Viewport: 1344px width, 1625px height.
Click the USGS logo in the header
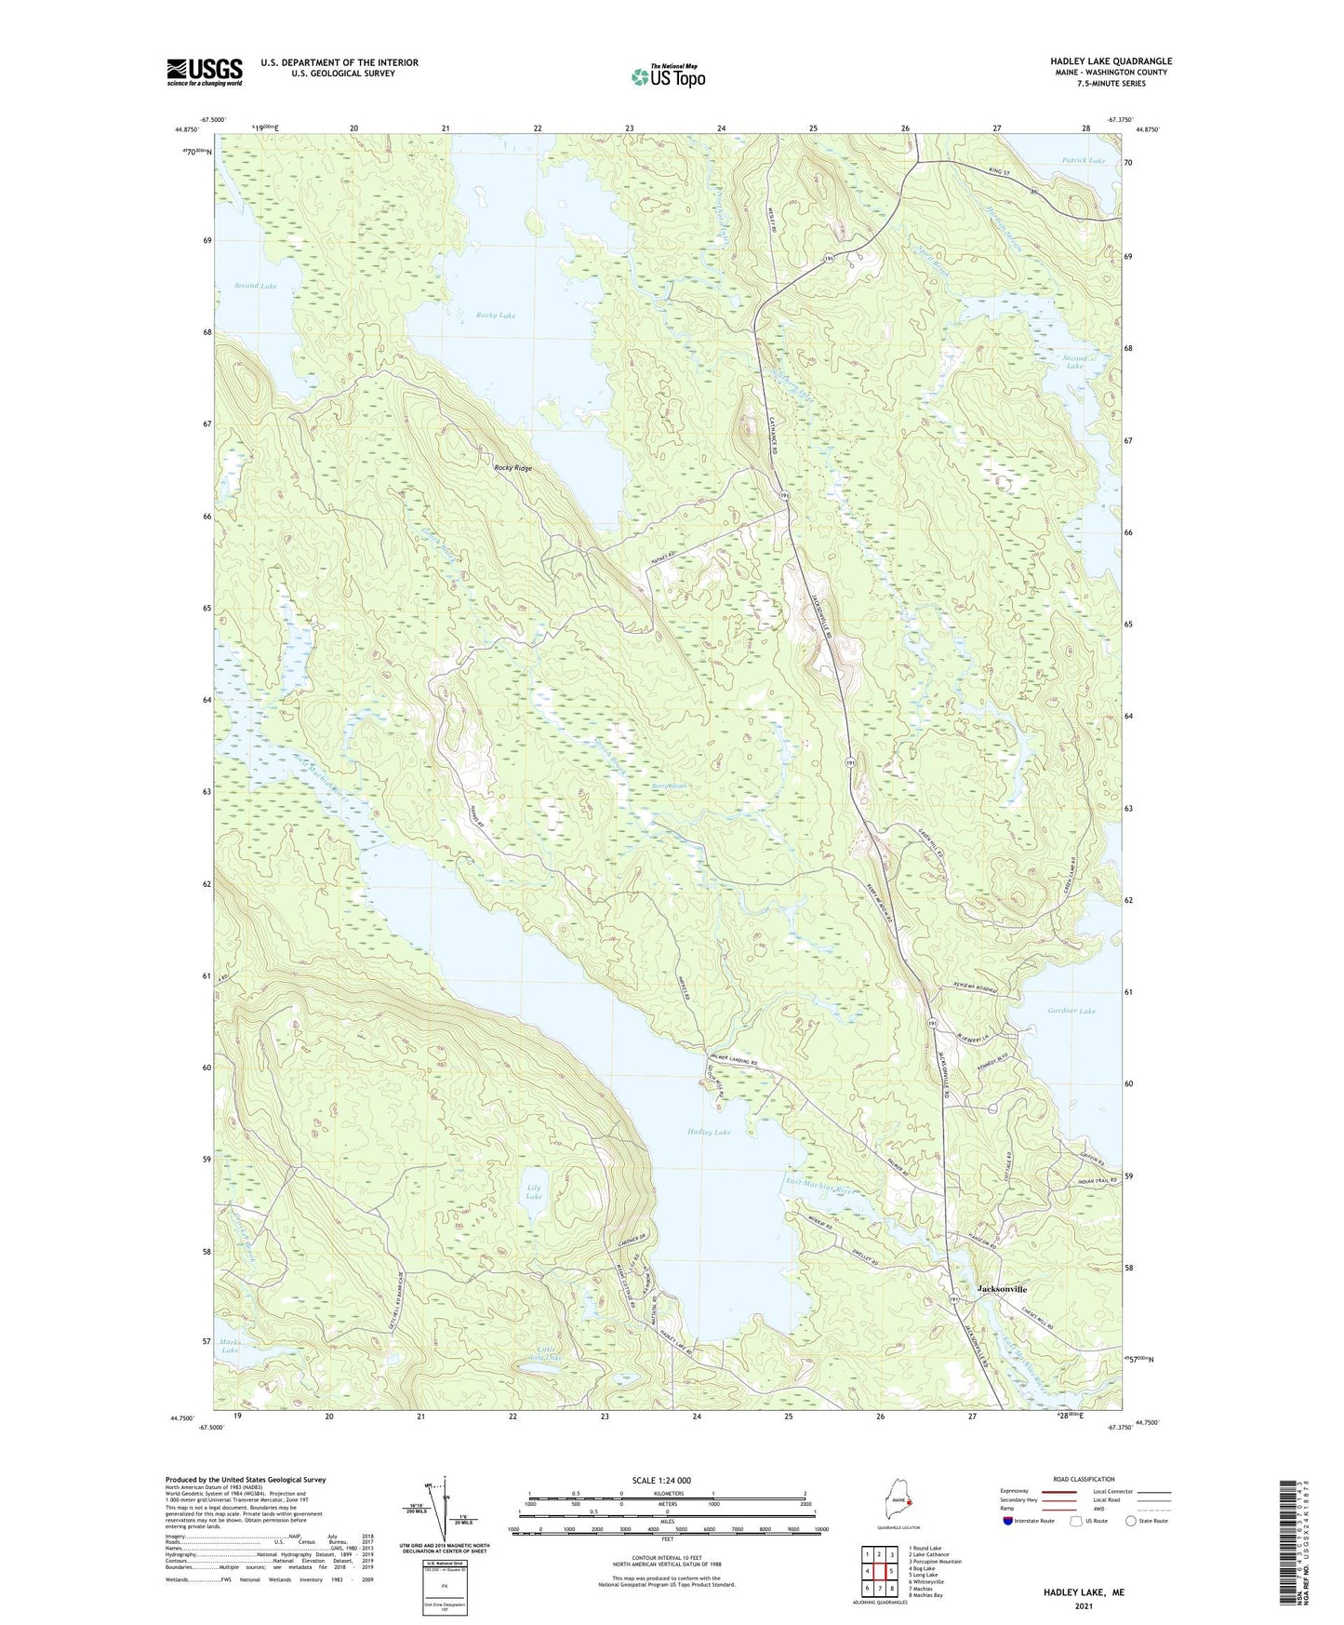coord(204,72)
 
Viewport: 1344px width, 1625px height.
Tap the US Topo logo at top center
coord(667,76)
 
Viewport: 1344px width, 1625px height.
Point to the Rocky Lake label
coord(496,316)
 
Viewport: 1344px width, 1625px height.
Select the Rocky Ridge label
coord(513,468)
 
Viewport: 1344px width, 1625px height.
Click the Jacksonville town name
coord(1002,1289)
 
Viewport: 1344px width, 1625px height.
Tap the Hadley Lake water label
coord(709,1133)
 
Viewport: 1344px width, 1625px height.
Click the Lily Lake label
coord(534,1192)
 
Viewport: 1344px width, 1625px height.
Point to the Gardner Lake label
coord(1071,1011)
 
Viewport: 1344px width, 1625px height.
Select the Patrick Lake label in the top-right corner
coord(1084,161)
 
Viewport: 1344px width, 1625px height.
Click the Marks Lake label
coord(230,1346)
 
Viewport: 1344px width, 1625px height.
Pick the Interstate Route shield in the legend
coord(1008,1521)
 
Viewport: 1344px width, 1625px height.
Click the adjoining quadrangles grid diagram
coord(879,1572)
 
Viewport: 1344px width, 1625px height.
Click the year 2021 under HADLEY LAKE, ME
coord(1083,1605)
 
